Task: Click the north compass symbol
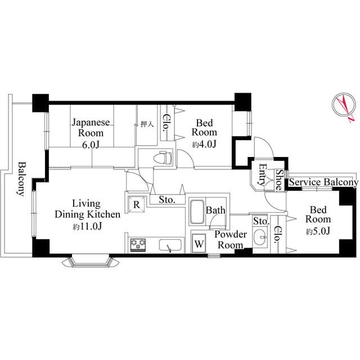(x=344, y=107)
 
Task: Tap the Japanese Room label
(x=87, y=127)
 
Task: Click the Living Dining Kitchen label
(x=87, y=209)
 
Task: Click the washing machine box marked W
(x=199, y=244)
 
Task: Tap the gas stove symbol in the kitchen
(x=138, y=245)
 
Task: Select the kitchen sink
(x=170, y=246)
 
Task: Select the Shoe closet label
(x=278, y=179)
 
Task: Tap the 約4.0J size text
(x=204, y=145)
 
